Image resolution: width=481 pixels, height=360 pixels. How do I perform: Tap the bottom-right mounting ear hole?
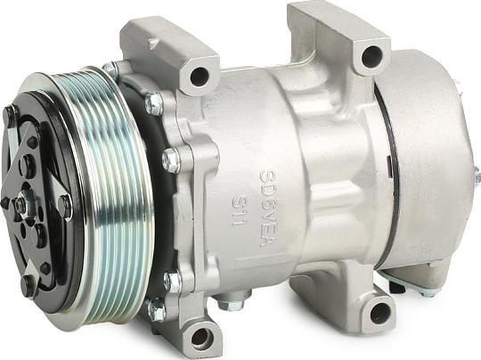point(380,311)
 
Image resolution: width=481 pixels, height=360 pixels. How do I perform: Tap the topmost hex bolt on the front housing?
point(154,104)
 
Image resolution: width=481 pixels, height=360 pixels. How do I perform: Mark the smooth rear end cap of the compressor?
point(423,160)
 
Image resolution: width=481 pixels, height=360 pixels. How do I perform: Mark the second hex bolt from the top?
point(170,160)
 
